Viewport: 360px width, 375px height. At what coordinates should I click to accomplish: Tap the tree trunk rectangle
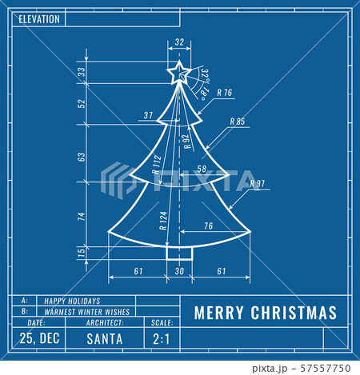[178, 253]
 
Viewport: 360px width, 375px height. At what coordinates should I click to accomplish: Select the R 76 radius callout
[224, 94]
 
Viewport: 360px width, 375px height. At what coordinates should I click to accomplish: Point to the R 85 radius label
[238, 122]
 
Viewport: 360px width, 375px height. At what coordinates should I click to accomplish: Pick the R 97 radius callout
[257, 183]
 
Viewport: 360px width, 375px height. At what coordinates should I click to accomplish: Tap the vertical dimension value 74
[82, 215]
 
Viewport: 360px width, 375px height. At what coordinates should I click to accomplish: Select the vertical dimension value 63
[82, 157]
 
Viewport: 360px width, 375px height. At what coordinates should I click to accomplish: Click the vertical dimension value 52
[82, 103]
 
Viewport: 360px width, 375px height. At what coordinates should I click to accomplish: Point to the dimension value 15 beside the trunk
[82, 253]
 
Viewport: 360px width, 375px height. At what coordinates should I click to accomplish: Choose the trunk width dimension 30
[178, 272]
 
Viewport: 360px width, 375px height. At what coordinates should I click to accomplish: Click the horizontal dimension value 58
[201, 169]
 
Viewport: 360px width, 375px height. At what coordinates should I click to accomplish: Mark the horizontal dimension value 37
[148, 116]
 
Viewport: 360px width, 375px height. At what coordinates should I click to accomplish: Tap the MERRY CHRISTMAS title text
[265, 313]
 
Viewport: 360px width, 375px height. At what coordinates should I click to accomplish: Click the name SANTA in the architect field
[104, 338]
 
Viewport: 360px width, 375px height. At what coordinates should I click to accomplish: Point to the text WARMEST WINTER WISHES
[87, 311]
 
